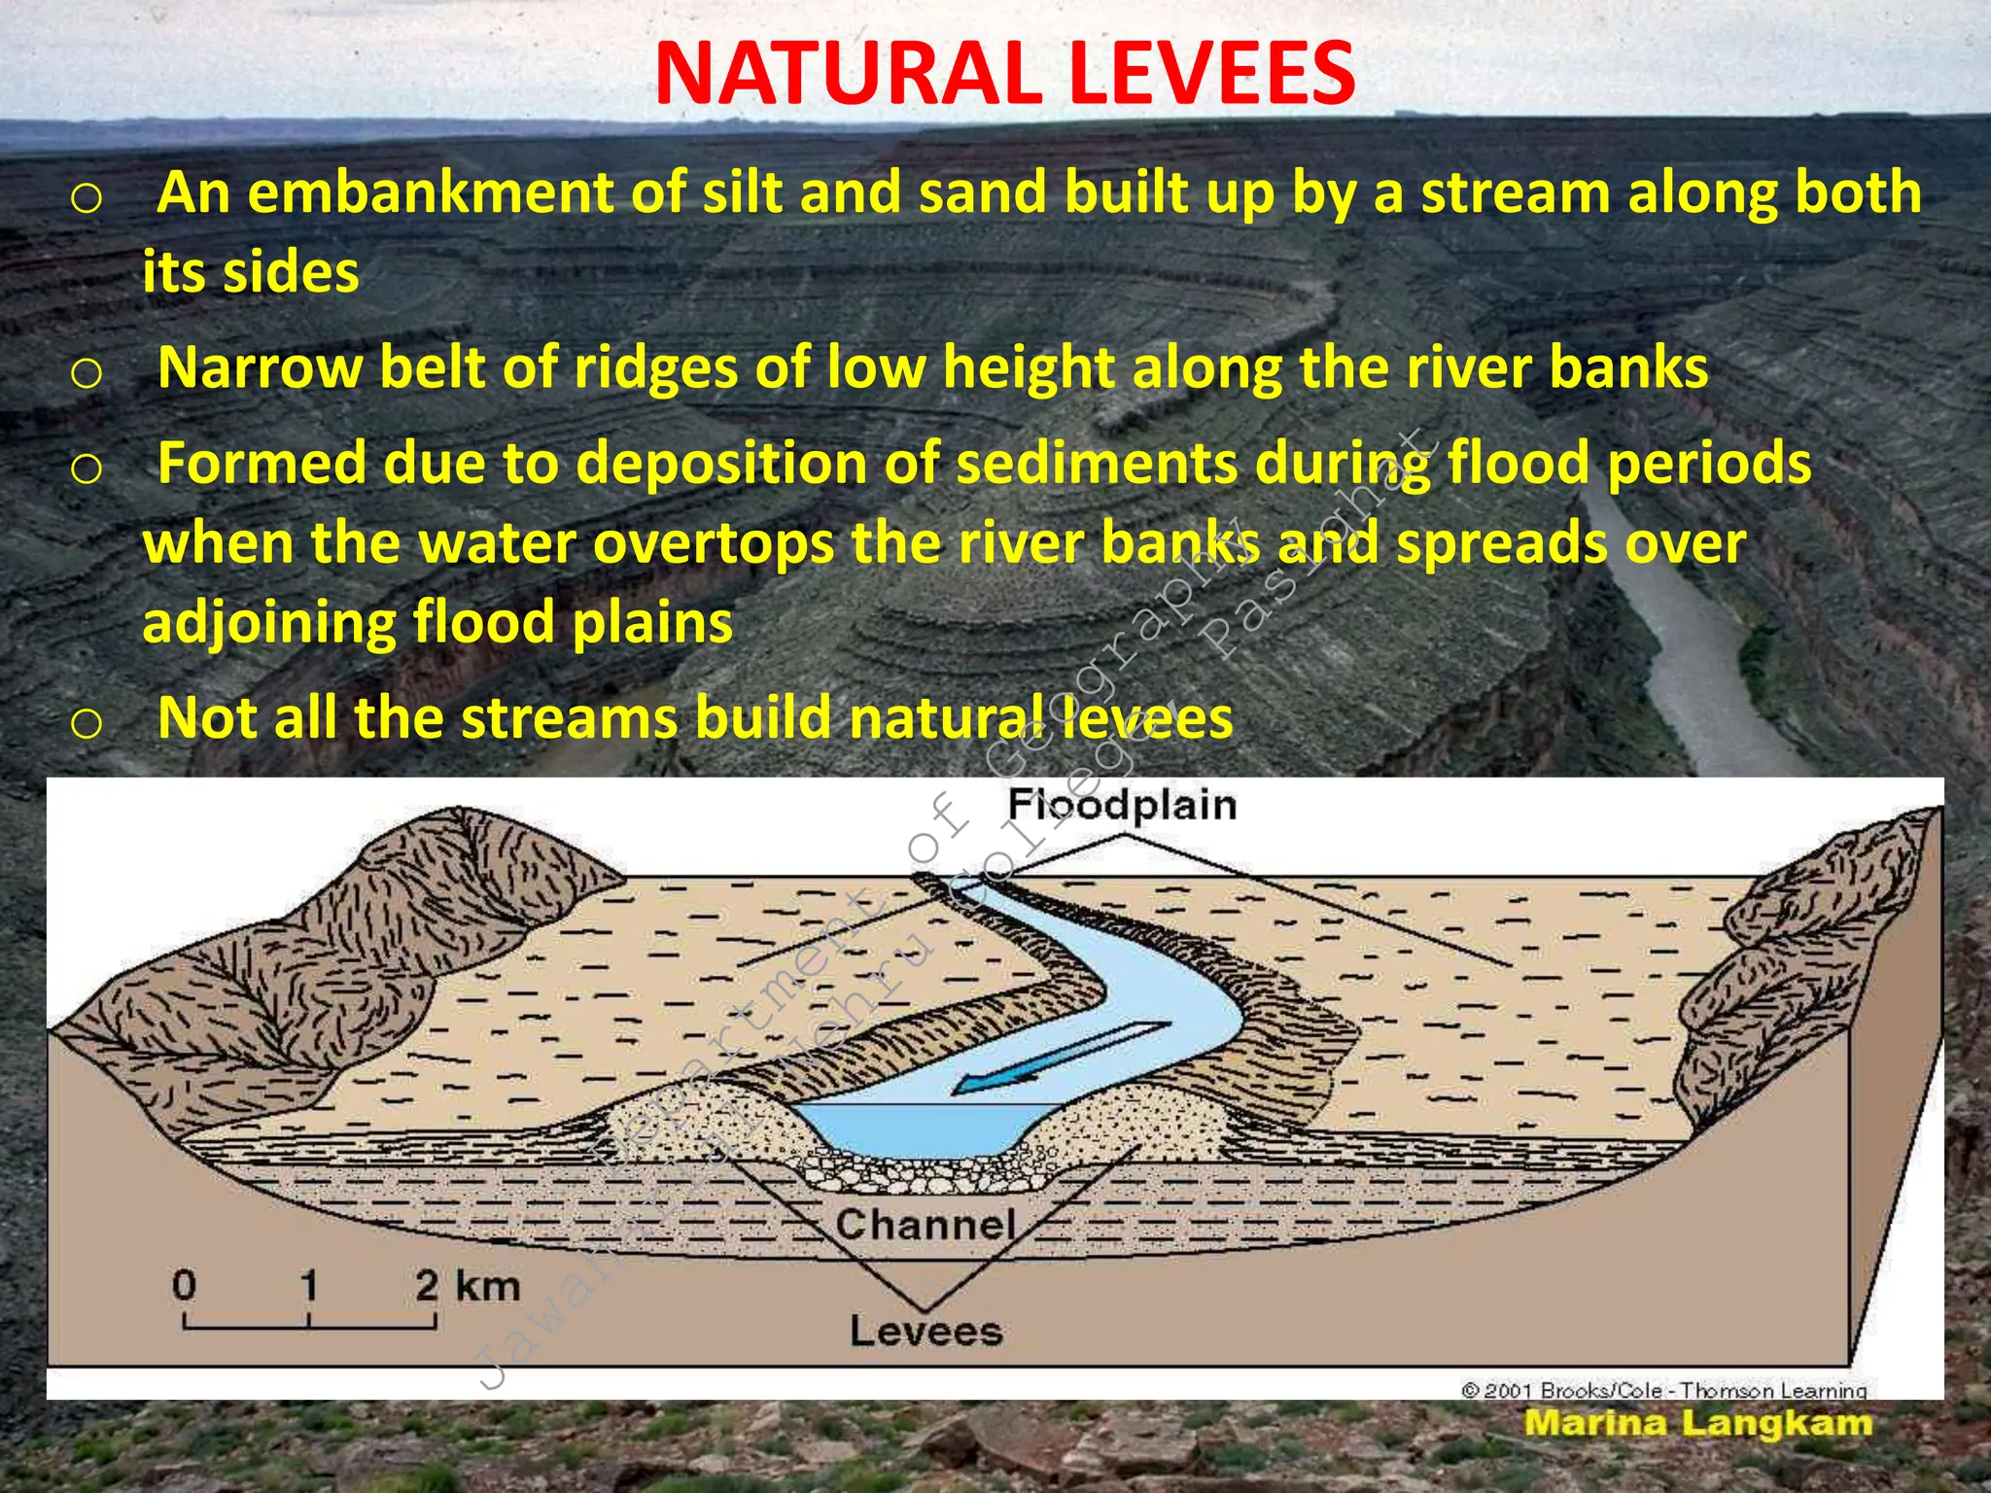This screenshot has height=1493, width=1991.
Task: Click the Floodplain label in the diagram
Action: [1122, 805]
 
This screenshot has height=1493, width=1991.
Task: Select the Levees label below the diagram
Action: [926, 1331]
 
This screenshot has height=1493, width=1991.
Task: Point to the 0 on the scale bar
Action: [184, 1285]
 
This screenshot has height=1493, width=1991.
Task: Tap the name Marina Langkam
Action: [1697, 1423]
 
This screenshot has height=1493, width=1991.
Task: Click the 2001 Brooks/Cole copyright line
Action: [1663, 1390]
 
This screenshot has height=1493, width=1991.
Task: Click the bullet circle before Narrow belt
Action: [87, 372]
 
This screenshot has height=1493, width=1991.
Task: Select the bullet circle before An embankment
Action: [87, 198]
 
